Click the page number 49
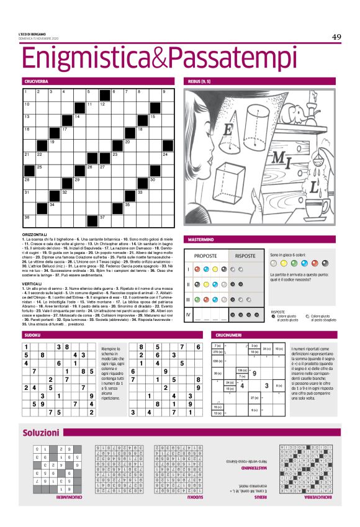(336, 37)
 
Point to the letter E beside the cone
(228, 131)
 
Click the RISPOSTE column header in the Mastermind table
(245, 256)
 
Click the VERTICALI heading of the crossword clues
(32, 285)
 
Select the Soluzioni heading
(41, 431)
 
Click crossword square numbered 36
(28, 219)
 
